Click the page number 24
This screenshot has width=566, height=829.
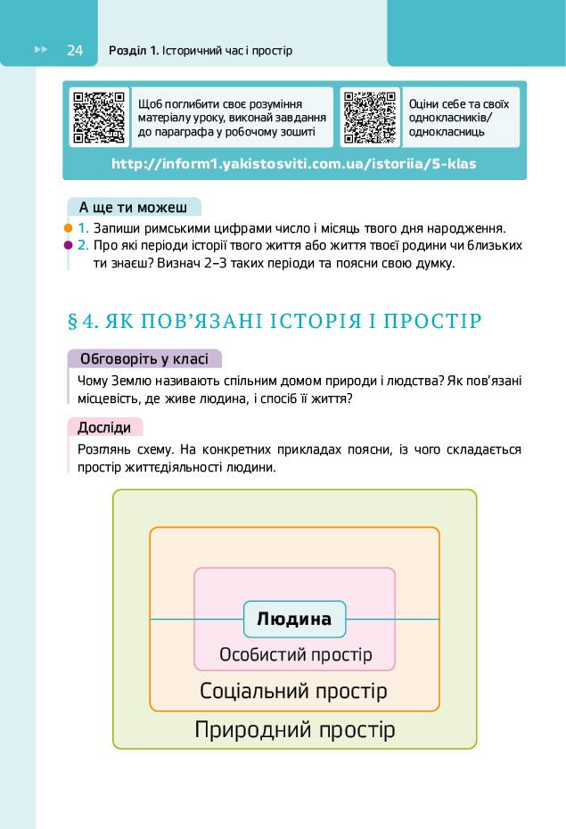click(x=74, y=50)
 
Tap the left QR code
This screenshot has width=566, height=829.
click(x=98, y=118)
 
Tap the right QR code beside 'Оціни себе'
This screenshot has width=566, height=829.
click(x=370, y=118)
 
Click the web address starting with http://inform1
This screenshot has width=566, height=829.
click(x=294, y=164)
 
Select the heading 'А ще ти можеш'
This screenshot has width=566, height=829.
click(x=133, y=208)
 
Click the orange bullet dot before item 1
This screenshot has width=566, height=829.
click(x=68, y=228)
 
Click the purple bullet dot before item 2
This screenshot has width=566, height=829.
click(x=68, y=244)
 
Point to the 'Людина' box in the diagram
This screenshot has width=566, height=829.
click(x=294, y=619)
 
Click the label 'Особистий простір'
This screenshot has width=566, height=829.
click(x=295, y=655)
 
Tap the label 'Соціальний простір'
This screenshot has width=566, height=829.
click(x=293, y=691)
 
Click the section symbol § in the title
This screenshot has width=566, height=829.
click(x=73, y=321)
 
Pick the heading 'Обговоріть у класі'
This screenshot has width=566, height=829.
click(x=144, y=359)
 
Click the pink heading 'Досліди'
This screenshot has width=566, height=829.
click(x=104, y=427)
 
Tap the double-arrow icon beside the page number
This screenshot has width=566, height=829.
click(x=40, y=50)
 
